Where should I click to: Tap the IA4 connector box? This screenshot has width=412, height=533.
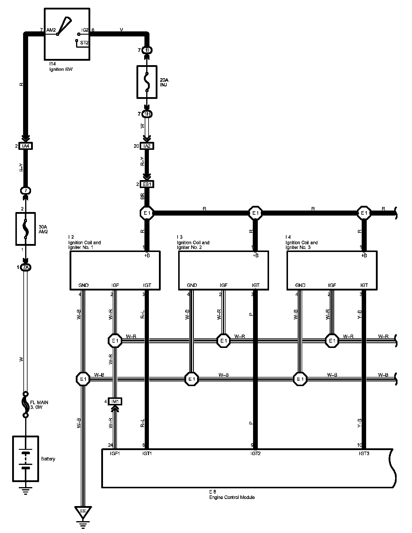click(x=25, y=146)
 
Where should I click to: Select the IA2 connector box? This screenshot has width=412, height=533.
click(x=147, y=146)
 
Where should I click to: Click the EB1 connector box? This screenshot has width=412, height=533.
click(x=147, y=184)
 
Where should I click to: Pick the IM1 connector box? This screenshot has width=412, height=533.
click(x=115, y=401)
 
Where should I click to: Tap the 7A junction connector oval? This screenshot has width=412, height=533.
click(x=26, y=268)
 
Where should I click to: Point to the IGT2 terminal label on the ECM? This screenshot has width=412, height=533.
click(x=255, y=453)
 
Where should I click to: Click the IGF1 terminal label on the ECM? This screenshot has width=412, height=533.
click(x=115, y=453)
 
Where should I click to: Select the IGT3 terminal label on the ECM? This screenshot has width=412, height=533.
click(x=364, y=453)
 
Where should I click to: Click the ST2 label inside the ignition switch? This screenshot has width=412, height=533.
click(x=84, y=43)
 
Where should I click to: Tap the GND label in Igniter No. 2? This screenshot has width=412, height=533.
click(x=192, y=285)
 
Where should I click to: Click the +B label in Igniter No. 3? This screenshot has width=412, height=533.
click(x=364, y=256)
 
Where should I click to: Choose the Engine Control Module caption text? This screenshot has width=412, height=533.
click(x=232, y=497)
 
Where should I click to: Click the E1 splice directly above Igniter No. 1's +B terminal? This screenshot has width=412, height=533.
click(x=147, y=213)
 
